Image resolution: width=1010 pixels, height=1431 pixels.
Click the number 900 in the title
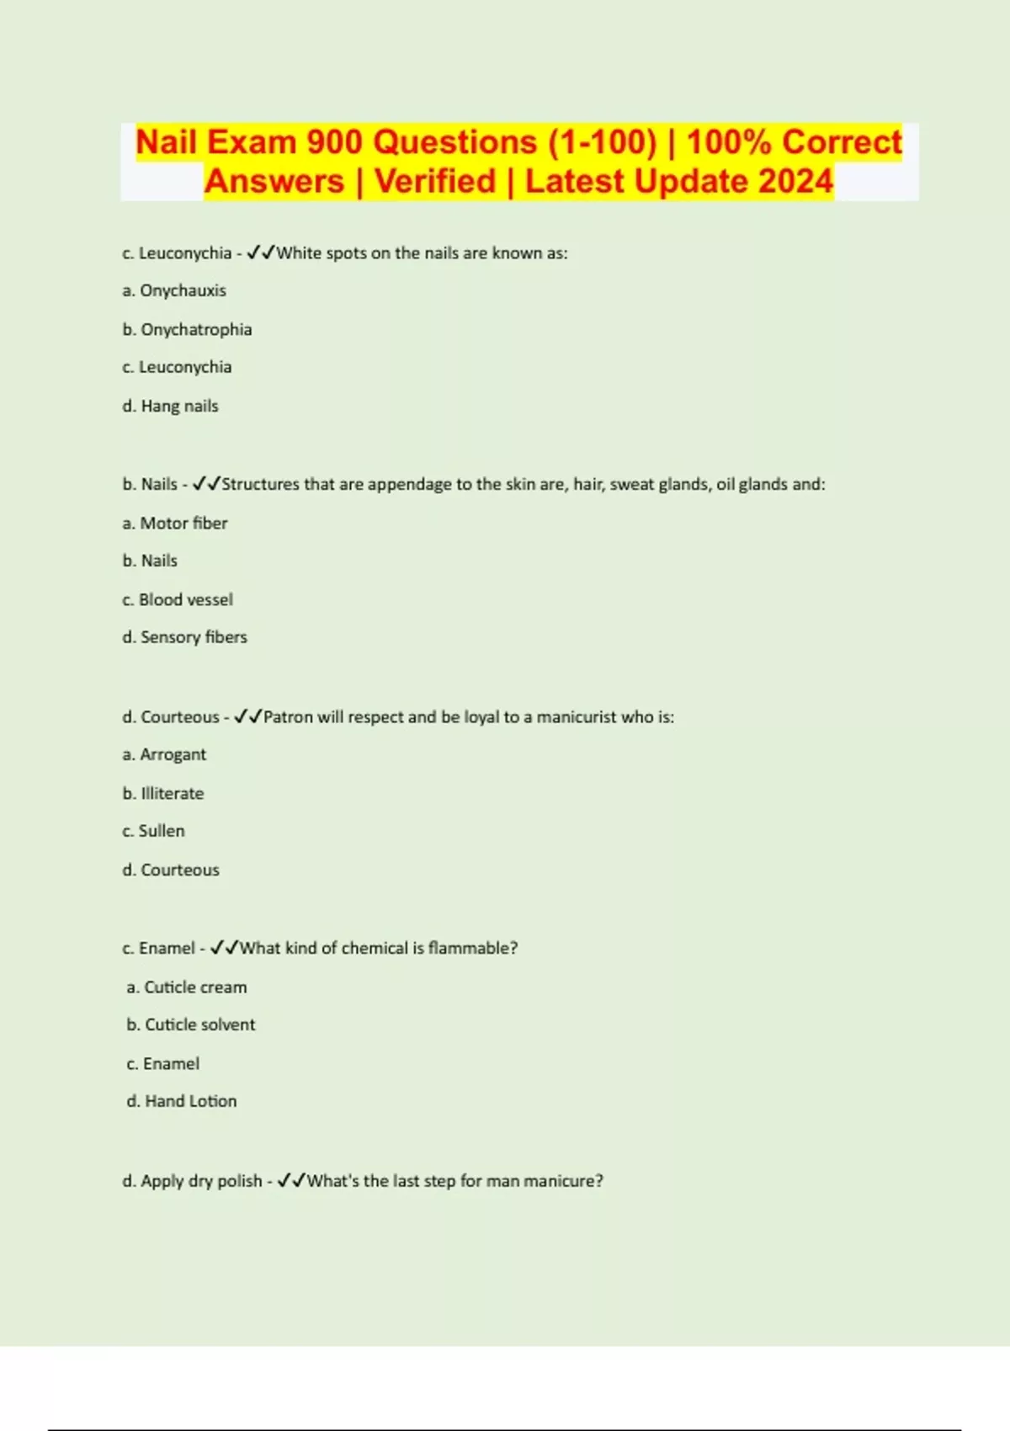pyautogui.click(x=336, y=142)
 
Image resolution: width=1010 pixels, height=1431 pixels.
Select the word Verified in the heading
pyautogui.click(x=435, y=182)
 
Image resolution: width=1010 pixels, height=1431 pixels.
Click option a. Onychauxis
pyautogui.click(x=174, y=290)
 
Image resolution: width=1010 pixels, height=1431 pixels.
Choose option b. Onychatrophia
pyautogui.click(x=187, y=329)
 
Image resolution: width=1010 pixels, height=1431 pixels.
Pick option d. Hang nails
pyautogui.click(x=170, y=406)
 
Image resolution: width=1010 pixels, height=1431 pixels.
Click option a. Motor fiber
pyautogui.click(x=175, y=523)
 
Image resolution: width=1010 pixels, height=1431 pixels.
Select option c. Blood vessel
pyautogui.click(x=178, y=599)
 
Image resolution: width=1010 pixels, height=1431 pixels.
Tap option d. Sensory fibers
pyautogui.click(x=184, y=637)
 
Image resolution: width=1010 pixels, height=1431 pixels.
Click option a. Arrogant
pyautogui.click(x=164, y=754)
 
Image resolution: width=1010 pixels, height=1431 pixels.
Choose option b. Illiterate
pyautogui.click(x=163, y=793)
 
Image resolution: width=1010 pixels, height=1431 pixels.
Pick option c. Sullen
pyautogui.click(x=153, y=831)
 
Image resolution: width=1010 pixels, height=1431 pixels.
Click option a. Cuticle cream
pyautogui.click(x=187, y=987)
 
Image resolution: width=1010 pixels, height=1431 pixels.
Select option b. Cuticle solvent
pyautogui.click(x=191, y=1024)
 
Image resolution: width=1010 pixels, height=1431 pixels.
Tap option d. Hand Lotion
pyautogui.click(x=182, y=1101)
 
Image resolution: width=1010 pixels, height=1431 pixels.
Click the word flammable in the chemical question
pyautogui.click(x=472, y=948)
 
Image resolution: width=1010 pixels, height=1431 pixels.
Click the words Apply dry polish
pyautogui.click(x=201, y=1181)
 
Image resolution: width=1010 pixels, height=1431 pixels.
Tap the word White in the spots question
pyautogui.click(x=300, y=253)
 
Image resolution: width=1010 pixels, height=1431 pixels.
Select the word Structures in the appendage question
pyautogui.click(x=260, y=484)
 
